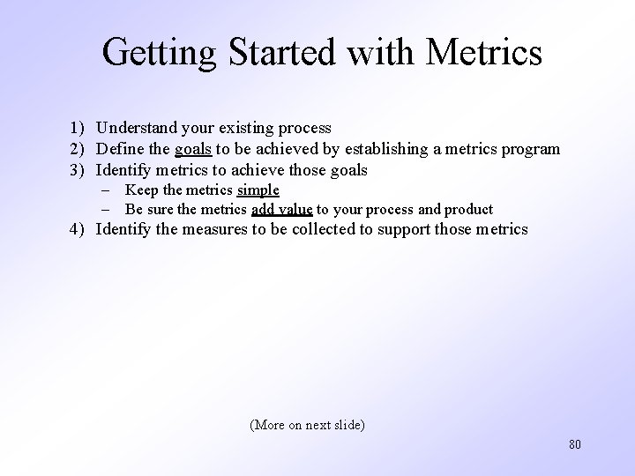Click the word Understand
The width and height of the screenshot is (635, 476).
[137, 128]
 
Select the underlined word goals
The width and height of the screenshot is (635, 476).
[193, 149]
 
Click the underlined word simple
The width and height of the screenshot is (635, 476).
[258, 190]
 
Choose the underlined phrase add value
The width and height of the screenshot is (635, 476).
[281, 210]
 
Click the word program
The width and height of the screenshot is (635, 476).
[531, 149]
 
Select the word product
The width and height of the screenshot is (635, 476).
[468, 210]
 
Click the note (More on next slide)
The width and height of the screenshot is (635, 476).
[308, 425]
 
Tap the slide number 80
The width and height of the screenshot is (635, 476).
[575, 444]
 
